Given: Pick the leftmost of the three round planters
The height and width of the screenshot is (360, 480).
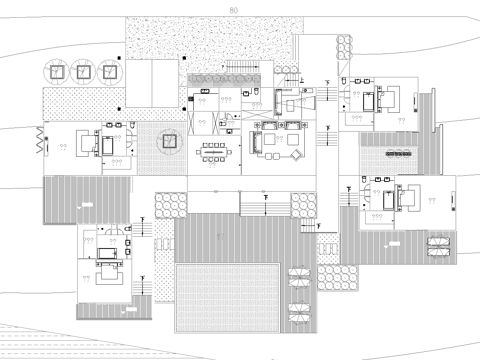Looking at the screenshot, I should point(57,72).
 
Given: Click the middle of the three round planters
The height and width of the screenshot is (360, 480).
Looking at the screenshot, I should point(82,72).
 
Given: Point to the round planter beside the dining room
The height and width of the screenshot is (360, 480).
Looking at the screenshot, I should point(167,141).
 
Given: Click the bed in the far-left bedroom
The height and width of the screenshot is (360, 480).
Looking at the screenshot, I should point(108,144).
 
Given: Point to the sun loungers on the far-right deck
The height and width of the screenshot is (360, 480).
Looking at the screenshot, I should point(436,247).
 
